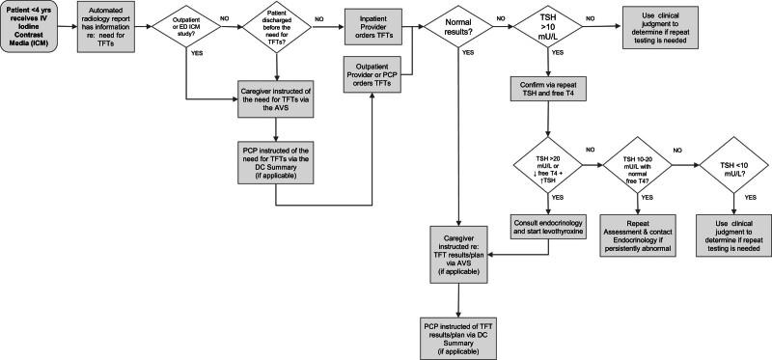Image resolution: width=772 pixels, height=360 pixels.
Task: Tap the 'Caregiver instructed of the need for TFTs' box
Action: coord(277,99)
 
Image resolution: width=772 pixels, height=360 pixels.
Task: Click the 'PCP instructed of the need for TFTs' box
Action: coord(277,161)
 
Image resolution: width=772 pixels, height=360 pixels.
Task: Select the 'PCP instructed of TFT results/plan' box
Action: coord(459,332)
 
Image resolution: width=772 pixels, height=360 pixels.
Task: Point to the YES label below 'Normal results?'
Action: coord(468,79)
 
